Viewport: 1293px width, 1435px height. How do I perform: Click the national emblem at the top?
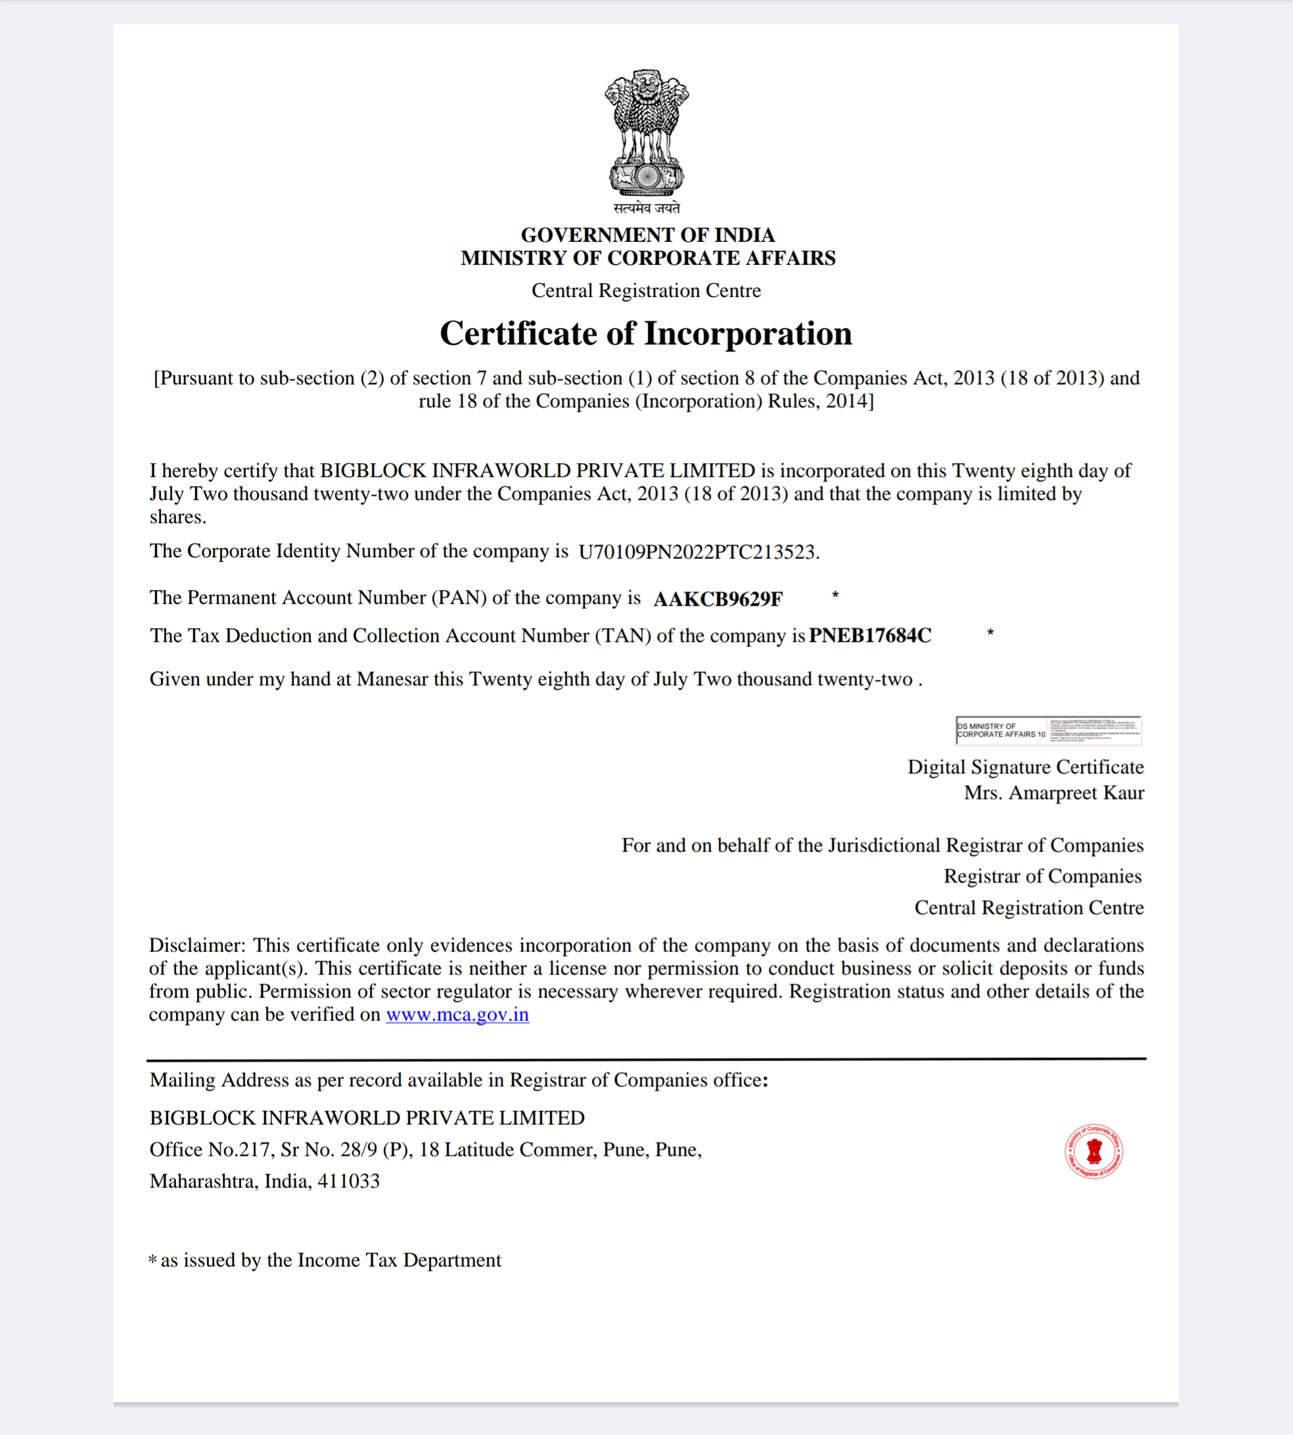[646, 133]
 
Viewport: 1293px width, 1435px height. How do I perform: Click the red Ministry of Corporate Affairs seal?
[1093, 1151]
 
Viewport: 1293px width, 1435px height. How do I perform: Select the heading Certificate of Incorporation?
[646, 333]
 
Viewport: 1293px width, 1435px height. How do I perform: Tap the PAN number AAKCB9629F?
[717, 599]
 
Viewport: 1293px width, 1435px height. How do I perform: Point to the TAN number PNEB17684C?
[870, 635]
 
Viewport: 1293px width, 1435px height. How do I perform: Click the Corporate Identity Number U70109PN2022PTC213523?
[698, 552]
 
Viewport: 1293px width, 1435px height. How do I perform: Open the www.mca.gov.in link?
[457, 1014]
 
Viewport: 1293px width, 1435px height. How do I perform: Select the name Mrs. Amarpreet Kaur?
[1054, 793]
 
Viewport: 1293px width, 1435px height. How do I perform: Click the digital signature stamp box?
[1048, 730]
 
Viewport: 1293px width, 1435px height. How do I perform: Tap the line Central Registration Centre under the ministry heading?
[646, 290]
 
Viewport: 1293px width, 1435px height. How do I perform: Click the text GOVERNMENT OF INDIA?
[647, 235]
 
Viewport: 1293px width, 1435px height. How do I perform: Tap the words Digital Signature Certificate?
[1025, 767]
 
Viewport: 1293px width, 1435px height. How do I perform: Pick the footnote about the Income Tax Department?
[325, 1260]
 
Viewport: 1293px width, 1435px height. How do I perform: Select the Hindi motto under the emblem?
[646, 208]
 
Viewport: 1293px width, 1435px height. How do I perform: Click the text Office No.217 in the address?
[212, 1149]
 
